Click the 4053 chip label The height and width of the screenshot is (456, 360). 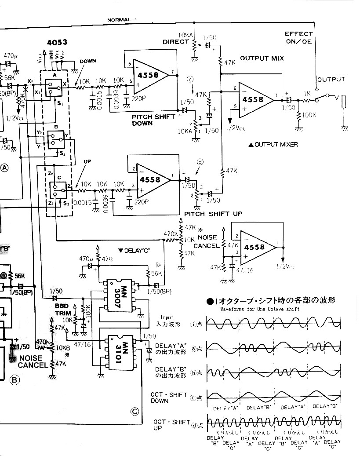pos(57,44)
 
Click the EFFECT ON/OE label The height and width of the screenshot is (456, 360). pos(298,37)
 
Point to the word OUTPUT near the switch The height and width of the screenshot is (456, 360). pos(331,80)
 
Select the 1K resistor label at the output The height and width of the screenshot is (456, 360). pos(308,94)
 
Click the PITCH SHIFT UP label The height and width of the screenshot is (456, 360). pos(213,214)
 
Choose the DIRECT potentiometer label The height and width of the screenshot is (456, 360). pos(175,42)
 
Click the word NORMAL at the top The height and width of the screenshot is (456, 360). pos(119,20)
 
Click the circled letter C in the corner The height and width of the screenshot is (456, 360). pos(135,412)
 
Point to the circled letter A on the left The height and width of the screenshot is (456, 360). pos(5,167)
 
